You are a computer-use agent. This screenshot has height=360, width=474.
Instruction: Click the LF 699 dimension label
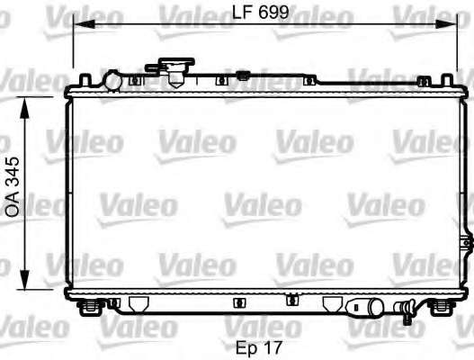(x=260, y=12)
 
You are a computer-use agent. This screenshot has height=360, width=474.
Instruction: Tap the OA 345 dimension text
(x=13, y=186)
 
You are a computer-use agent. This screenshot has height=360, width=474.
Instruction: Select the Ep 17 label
(x=259, y=347)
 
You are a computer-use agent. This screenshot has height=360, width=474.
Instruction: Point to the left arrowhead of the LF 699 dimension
(x=84, y=24)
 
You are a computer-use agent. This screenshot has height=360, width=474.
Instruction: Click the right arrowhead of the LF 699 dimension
(x=445, y=24)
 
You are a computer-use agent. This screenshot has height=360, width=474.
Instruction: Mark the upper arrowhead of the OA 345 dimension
(x=24, y=107)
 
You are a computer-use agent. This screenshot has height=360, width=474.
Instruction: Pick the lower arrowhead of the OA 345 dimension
(x=24, y=279)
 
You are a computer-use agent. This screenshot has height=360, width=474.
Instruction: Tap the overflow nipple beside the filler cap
(x=152, y=68)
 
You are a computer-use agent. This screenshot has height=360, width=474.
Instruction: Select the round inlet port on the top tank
(x=112, y=80)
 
